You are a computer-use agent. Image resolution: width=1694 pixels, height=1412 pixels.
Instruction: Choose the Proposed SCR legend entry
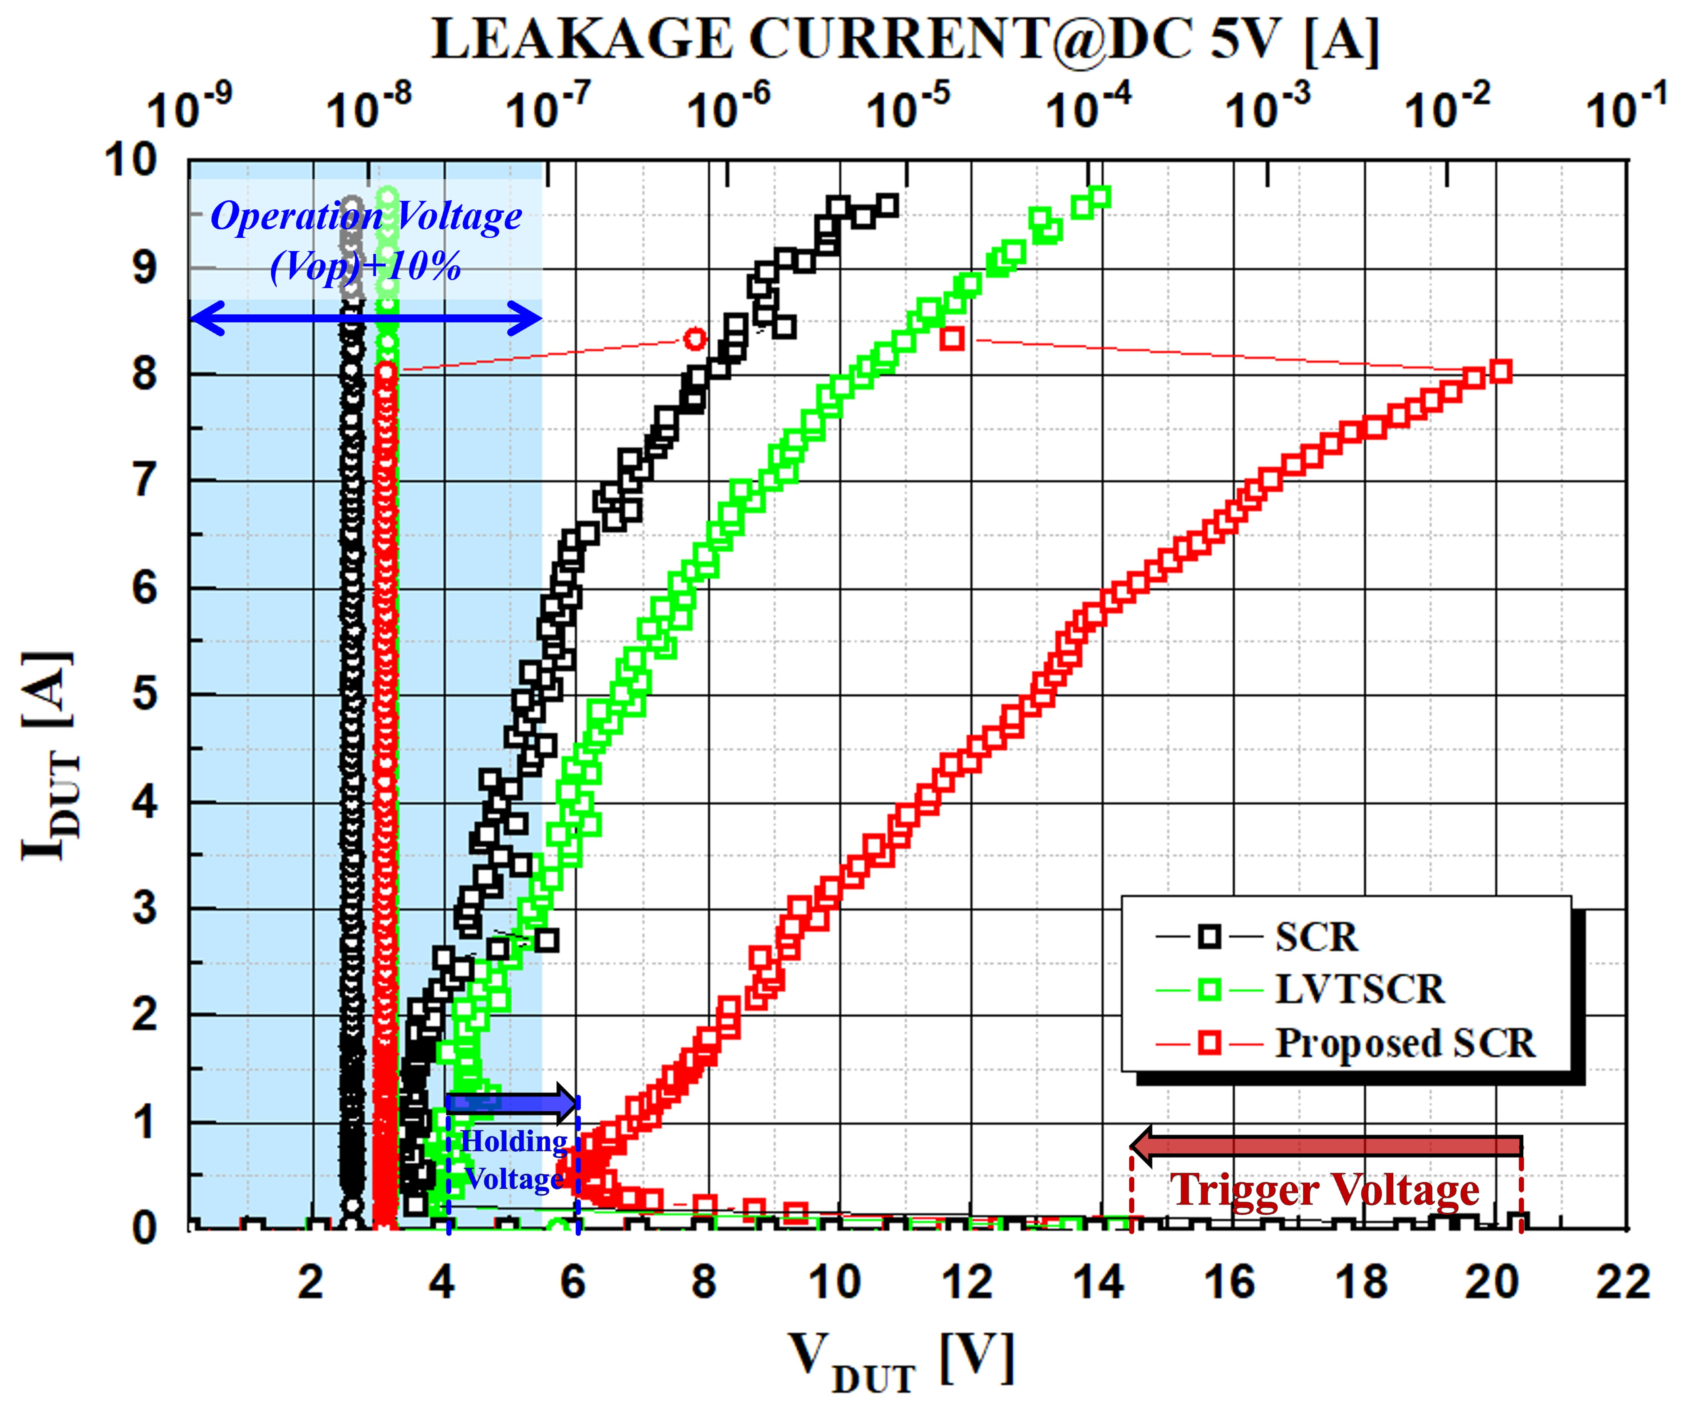pos(1404,1043)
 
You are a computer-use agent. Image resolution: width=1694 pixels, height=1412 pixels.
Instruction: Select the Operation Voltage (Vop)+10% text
pos(365,240)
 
